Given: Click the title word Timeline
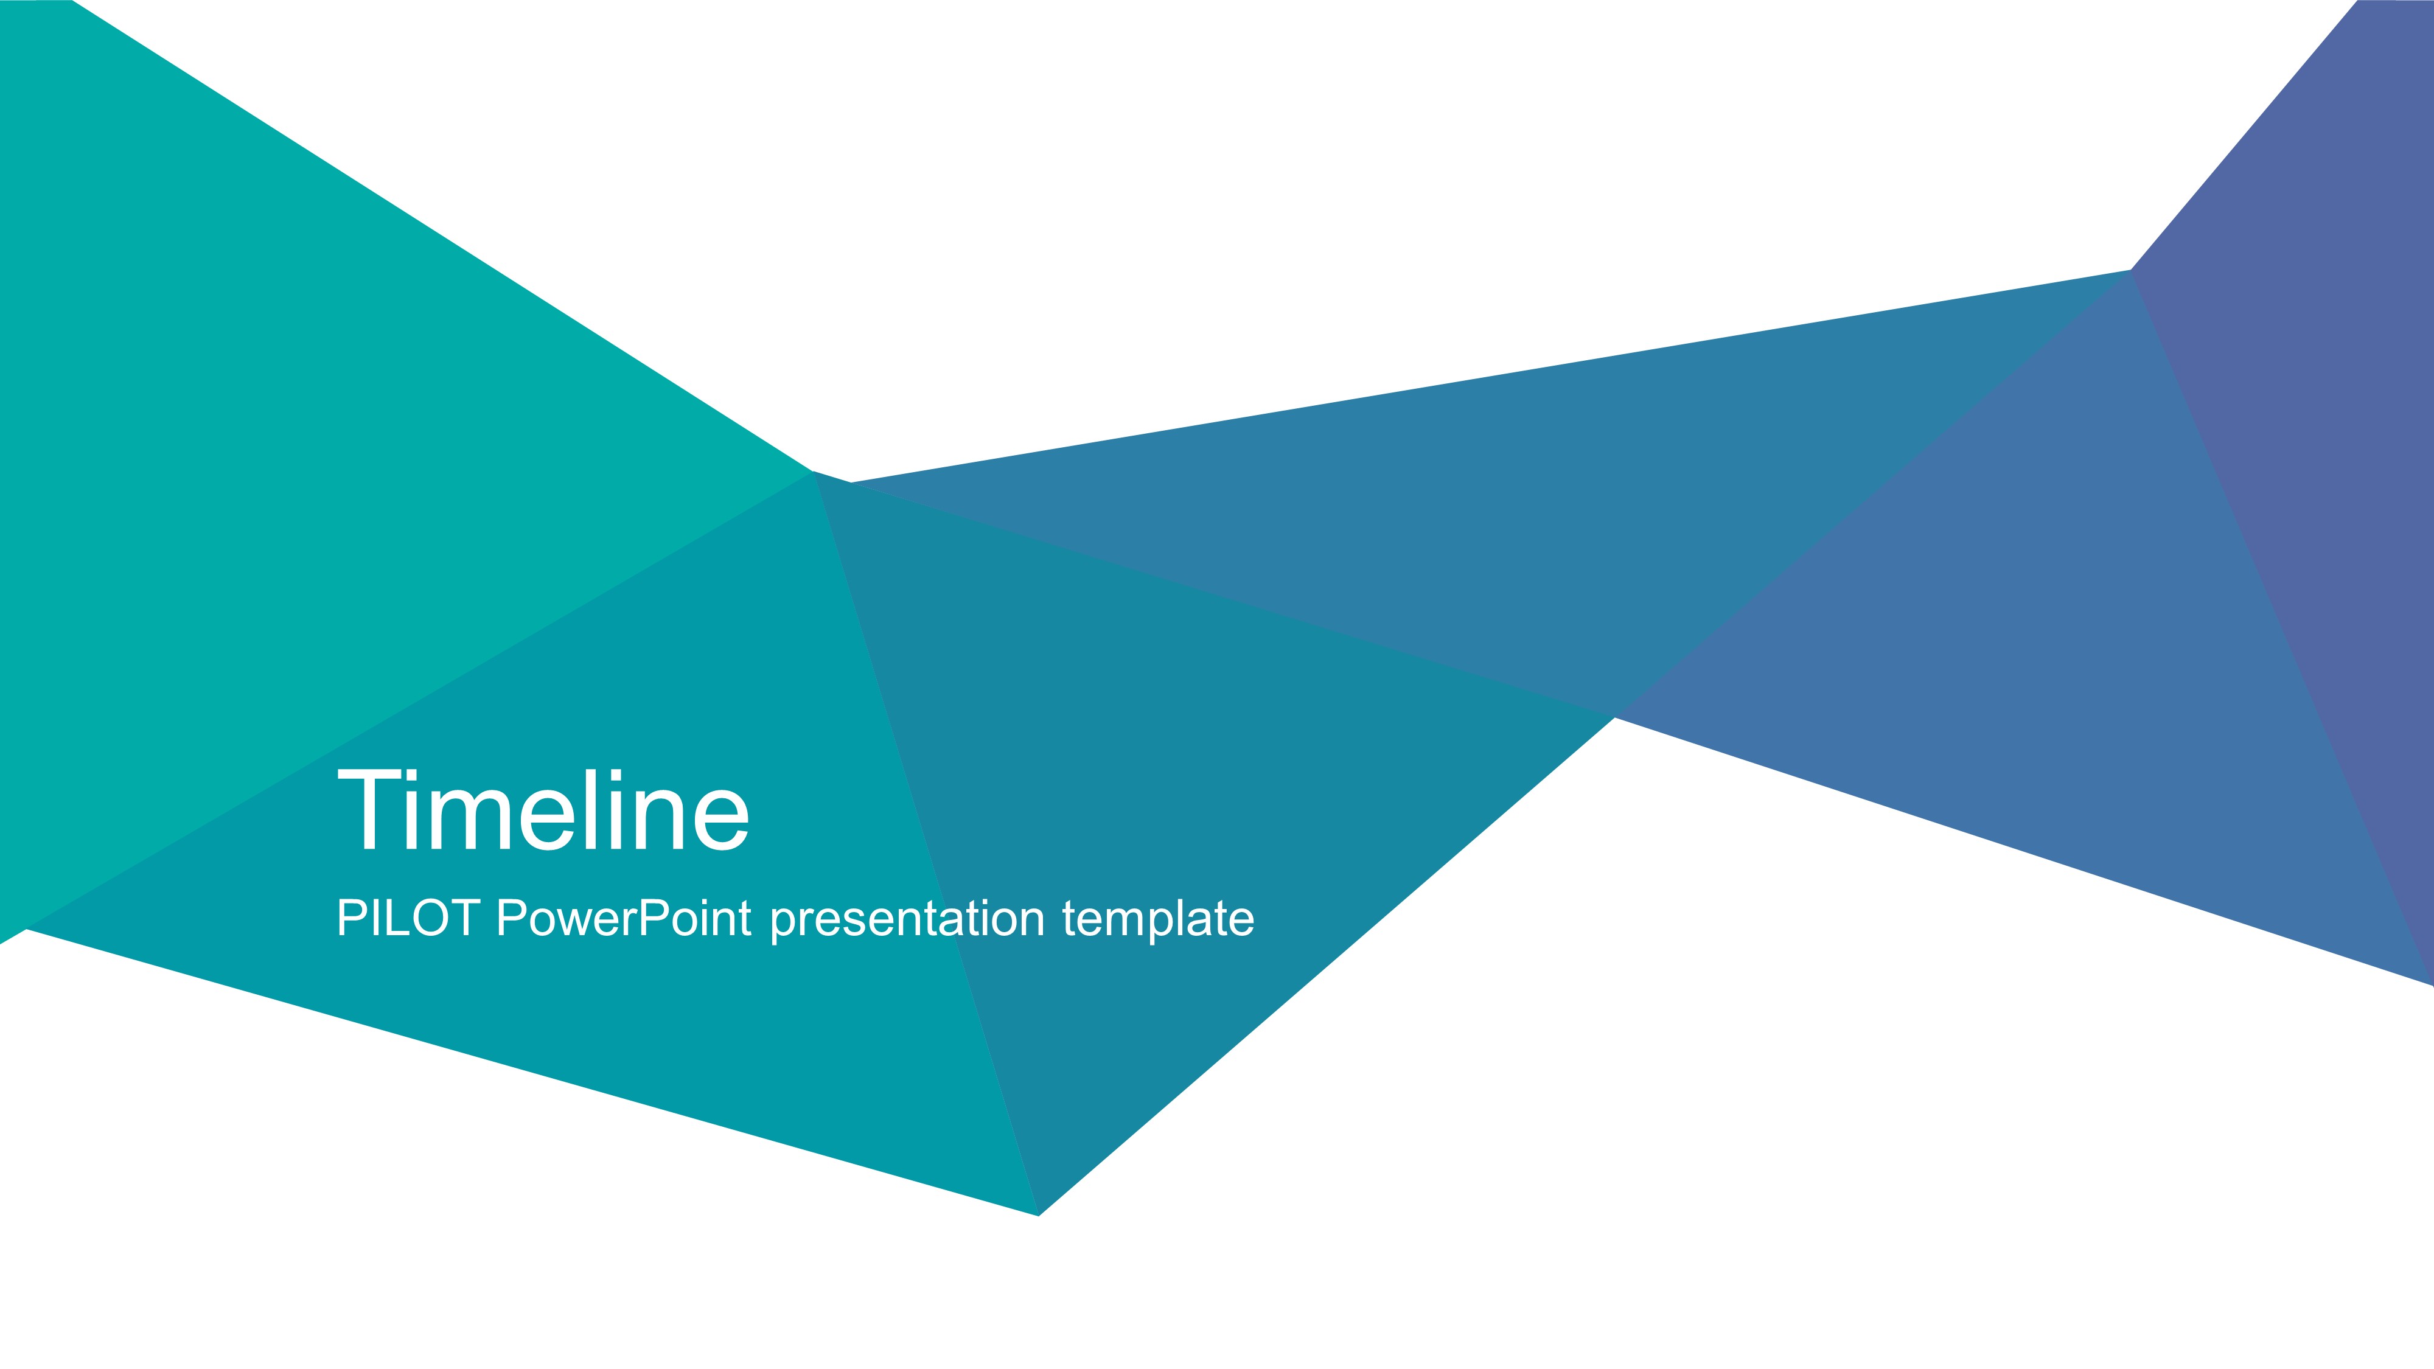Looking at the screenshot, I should pos(543,810).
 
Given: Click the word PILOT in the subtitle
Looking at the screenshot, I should pos(408,918).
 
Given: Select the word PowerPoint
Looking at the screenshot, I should pos(624,918).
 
